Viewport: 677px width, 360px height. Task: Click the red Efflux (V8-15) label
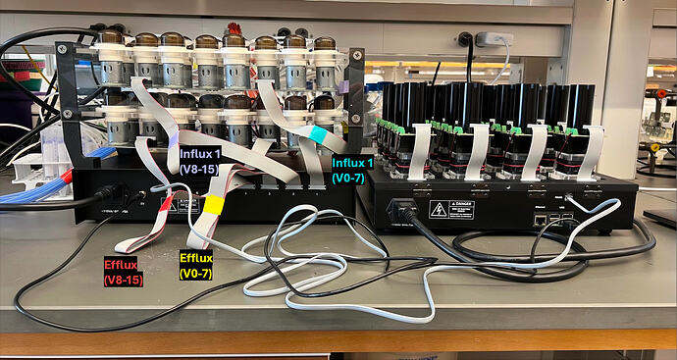pyautogui.click(x=125, y=272)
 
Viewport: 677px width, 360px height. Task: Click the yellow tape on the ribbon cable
pyautogui.click(x=212, y=205)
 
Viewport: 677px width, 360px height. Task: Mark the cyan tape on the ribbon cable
pyautogui.click(x=318, y=133)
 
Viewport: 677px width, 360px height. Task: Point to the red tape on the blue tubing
pyautogui.click(x=66, y=177)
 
